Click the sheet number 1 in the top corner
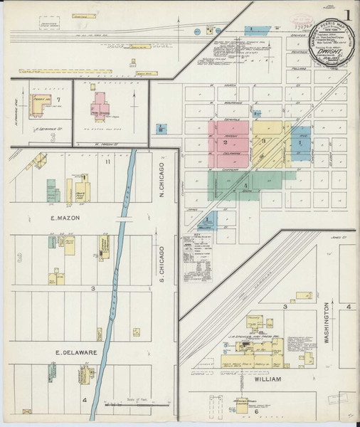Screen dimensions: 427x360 coord(348,12)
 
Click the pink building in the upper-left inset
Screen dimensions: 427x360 coord(98,107)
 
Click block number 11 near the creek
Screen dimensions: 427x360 coord(107,163)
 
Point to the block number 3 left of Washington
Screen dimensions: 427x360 coord(285,307)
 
